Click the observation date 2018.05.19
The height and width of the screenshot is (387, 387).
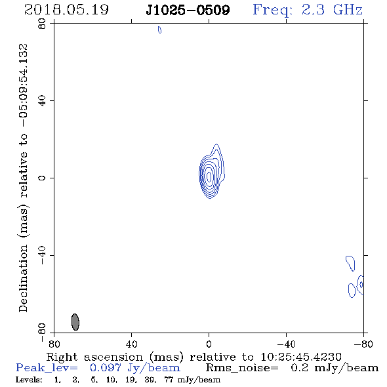pyautogui.click(x=66, y=10)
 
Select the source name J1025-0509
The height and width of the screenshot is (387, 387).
pyautogui.click(x=188, y=10)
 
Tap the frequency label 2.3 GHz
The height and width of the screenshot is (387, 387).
pyautogui.click(x=332, y=10)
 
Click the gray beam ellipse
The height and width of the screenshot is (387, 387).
pyautogui.click(x=75, y=322)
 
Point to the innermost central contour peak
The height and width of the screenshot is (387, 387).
pyautogui.click(x=209, y=176)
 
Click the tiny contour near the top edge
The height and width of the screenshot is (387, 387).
pyautogui.click(x=159, y=30)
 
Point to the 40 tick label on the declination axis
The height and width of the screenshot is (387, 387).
pyautogui.click(x=42, y=101)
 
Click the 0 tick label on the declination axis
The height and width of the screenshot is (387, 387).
pyautogui.click(x=42, y=178)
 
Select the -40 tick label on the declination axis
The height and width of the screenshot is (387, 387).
pyautogui.click(x=42, y=255)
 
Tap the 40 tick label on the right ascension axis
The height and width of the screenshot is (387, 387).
pyautogui.click(x=131, y=344)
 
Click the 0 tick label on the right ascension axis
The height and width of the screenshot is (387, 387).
pyautogui.click(x=209, y=344)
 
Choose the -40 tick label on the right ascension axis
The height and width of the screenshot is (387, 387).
pyautogui.click(x=286, y=344)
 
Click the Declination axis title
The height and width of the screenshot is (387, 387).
pyautogui.click(x=23, y=178)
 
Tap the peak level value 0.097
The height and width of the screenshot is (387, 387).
pyautogui.click(x=106, y=368)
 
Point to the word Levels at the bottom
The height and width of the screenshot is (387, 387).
pyautogui.click(x=29, y=380)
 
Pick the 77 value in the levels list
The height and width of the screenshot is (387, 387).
pyautogui.click(x=169, y=380)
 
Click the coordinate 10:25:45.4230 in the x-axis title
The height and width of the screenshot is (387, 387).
pyautogui.click(x=301, y=357)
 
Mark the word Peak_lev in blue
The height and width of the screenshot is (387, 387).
pyautogui.click(x=47, y=368)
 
